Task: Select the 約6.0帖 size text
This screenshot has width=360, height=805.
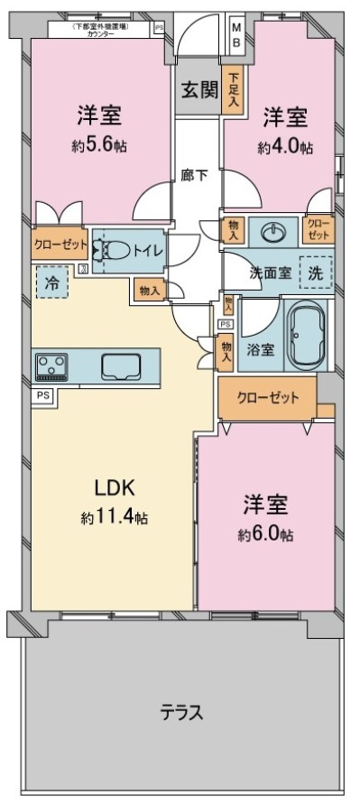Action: click(266, 534)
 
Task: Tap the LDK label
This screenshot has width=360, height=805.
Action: click(115, 488)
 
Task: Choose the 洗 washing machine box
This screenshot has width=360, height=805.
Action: click(315, 271)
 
